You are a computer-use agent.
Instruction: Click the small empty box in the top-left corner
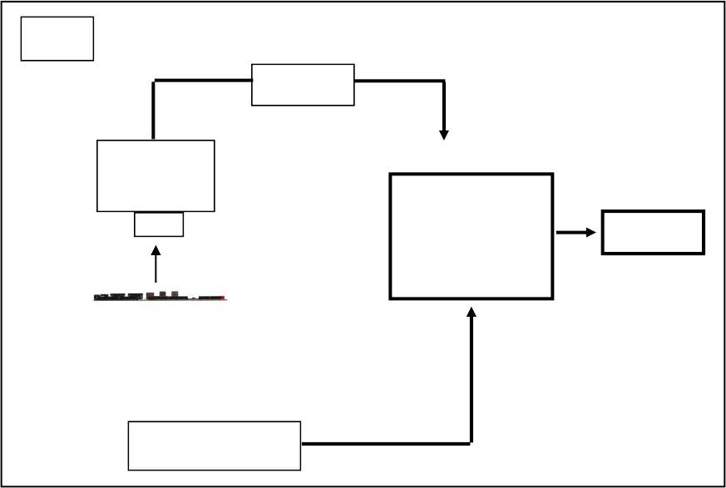[57, 38]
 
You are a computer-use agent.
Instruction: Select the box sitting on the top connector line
[303, 85]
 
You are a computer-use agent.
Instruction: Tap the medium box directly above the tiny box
[156, 175]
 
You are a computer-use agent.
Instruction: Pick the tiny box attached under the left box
[159, 224]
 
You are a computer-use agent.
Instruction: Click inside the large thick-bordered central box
[471, 236]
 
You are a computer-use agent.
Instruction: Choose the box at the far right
[653, 232]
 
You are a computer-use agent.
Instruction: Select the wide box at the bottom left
[214, 445]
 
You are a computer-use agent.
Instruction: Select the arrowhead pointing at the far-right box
[590, 233]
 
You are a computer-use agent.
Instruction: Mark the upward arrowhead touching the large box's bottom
[472, 312]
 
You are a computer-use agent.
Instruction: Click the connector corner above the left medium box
[155, 81]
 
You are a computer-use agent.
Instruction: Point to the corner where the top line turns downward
[444, 81]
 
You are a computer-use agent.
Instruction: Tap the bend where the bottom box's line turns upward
[472, 443]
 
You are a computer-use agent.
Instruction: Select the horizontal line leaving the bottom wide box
[383, 444]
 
